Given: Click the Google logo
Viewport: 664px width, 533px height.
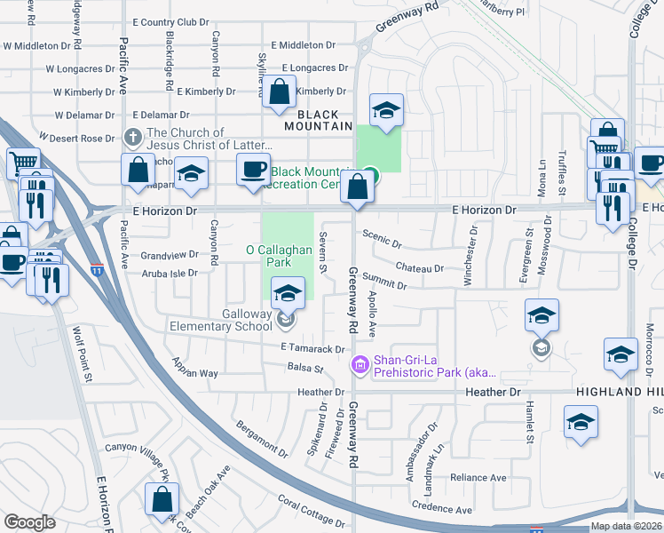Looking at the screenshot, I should pyautogui.click(x=29, y=522).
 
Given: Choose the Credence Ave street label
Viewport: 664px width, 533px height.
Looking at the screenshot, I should pyautogui.click(x=441, y=510).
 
